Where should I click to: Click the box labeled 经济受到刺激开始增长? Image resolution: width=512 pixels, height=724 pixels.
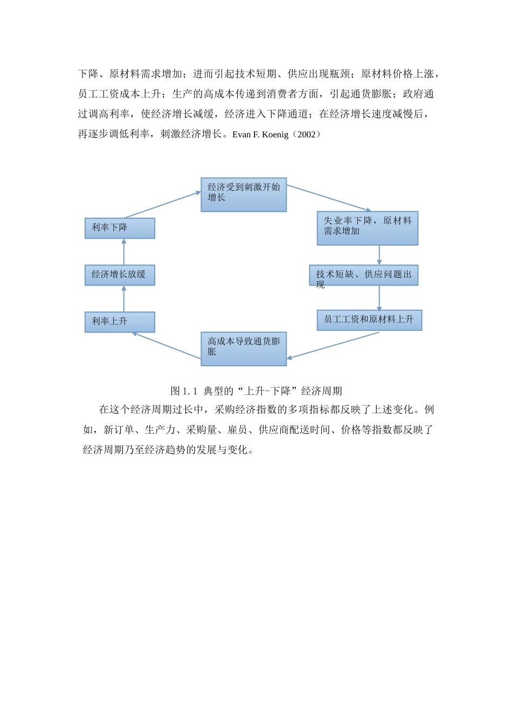click(244, 194)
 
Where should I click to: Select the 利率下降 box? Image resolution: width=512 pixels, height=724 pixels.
click(120, 228)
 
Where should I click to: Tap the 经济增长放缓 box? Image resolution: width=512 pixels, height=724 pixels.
click(120, 275)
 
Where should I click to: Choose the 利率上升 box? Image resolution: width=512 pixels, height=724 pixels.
click(120, 322)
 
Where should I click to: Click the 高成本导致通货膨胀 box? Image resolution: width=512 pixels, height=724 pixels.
click(244, 349)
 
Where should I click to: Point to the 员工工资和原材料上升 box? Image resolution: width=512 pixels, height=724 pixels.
click(369, 320)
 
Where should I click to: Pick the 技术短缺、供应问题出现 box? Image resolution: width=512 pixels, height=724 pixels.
click(364, 275)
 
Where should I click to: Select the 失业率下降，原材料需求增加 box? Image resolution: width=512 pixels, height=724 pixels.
click(368, 228)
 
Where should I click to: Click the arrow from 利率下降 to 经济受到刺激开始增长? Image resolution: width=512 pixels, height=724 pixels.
click(162, 205)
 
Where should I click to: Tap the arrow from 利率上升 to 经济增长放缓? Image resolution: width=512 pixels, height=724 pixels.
click(124, 299)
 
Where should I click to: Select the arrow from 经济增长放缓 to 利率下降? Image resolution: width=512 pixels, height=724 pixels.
click(124, 252)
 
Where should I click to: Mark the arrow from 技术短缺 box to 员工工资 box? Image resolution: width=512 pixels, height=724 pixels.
click(379, 298)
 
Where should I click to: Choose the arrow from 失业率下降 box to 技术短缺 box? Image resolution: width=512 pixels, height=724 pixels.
click(379, 255)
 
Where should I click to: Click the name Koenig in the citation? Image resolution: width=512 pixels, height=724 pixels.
click(275, 135)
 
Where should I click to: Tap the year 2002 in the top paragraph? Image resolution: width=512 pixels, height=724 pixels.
click(306, 135)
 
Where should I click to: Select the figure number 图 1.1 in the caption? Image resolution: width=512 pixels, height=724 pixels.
click(184, 391)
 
